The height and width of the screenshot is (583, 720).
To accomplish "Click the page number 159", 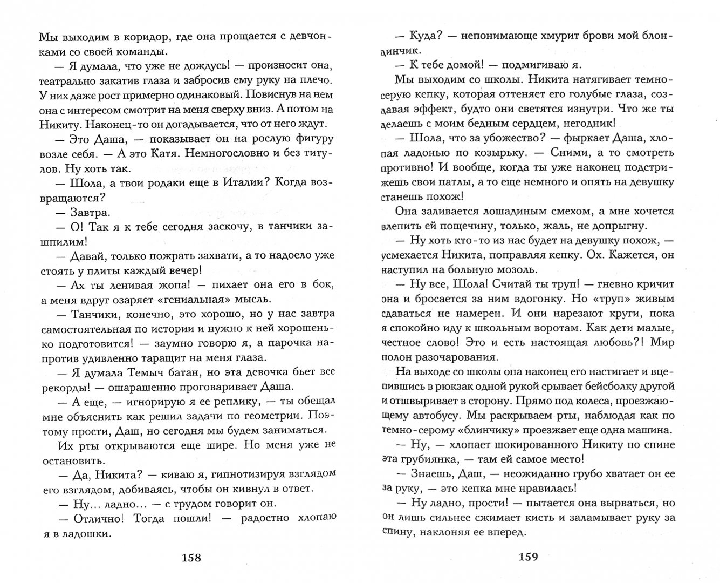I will [528, 557].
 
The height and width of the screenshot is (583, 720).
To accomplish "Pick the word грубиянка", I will [424, 459].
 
